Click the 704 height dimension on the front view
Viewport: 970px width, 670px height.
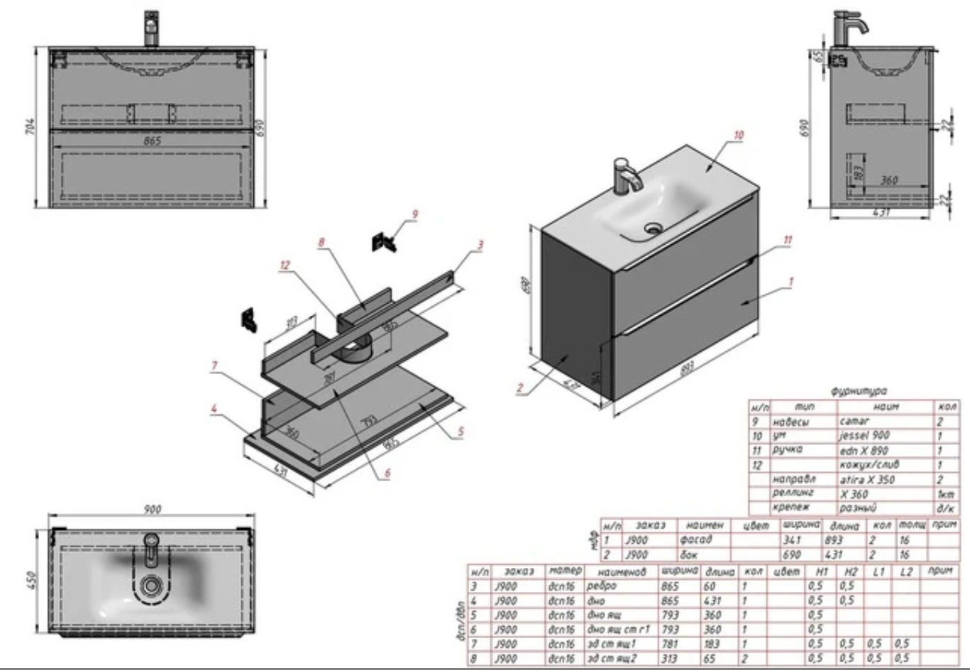point(31,127)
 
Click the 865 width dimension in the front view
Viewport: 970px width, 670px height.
point(152,141)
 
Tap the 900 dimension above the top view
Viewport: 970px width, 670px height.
point(152,509)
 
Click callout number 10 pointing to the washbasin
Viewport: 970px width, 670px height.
point(739,135)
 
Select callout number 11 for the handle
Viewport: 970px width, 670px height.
point(788,240)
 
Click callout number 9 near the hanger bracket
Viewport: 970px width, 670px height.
point(415,214)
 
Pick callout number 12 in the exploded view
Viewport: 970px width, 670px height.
point(285,265)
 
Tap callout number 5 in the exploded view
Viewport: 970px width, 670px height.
point(461,430)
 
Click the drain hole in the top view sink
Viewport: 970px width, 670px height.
point(150,585)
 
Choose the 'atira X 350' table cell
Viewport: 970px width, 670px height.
point(867,480)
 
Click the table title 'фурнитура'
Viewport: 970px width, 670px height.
point(859,391)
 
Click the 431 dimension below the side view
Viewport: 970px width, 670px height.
point(881,212)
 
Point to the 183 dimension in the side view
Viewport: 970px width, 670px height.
point(859,172)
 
